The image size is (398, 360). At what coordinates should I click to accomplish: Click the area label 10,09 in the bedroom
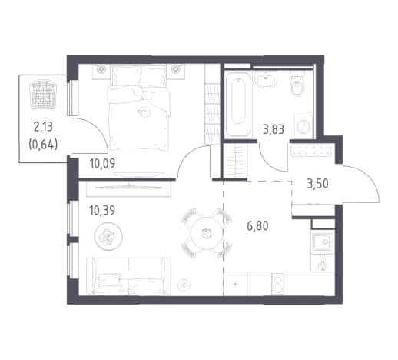coord(102,163)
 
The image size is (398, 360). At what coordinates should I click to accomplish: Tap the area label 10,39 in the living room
coord(102,211)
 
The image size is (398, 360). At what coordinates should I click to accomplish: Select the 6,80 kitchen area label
coord(257,226)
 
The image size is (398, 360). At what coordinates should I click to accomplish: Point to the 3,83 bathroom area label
coord(274,129)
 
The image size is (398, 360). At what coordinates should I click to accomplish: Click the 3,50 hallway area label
coord(317,184)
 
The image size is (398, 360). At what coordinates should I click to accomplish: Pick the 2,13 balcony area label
coord(43,127)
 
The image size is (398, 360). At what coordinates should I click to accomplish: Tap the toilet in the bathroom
coord(298,84)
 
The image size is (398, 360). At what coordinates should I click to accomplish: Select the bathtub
coord(238,104)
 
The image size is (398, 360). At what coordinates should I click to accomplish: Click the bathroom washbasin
coord(267,78)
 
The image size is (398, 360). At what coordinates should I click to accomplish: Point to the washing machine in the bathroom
coord(303,126)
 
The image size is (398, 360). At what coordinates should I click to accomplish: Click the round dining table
coord(205,233)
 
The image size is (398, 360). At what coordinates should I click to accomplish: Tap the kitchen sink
coord(323,242)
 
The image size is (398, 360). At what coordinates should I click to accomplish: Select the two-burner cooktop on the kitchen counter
coord(277,283)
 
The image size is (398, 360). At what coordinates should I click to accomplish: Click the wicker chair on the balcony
coord(43,95)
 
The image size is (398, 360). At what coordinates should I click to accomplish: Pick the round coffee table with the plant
coord(108,236)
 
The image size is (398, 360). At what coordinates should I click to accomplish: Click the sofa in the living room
coord(128,276)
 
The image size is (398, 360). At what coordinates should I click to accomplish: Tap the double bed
coord(139,107)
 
